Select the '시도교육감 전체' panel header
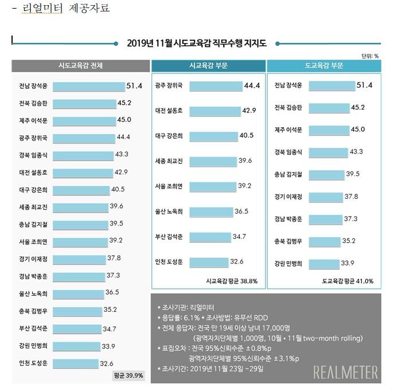pos(81,65)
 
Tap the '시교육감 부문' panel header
pos(208,65)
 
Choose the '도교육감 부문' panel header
pos(325,65)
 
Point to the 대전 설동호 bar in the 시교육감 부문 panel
pos(216,109)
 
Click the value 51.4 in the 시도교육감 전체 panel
pos(134,86)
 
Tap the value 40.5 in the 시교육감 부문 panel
pos(247,135)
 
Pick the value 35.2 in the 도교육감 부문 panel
pos(358,241)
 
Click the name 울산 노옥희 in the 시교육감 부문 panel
pos(169,211)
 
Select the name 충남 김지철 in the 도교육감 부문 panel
pos(288,174)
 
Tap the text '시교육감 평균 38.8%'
pos(232,281)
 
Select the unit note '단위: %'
pos(370,56)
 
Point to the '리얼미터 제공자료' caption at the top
pos(64,9)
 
